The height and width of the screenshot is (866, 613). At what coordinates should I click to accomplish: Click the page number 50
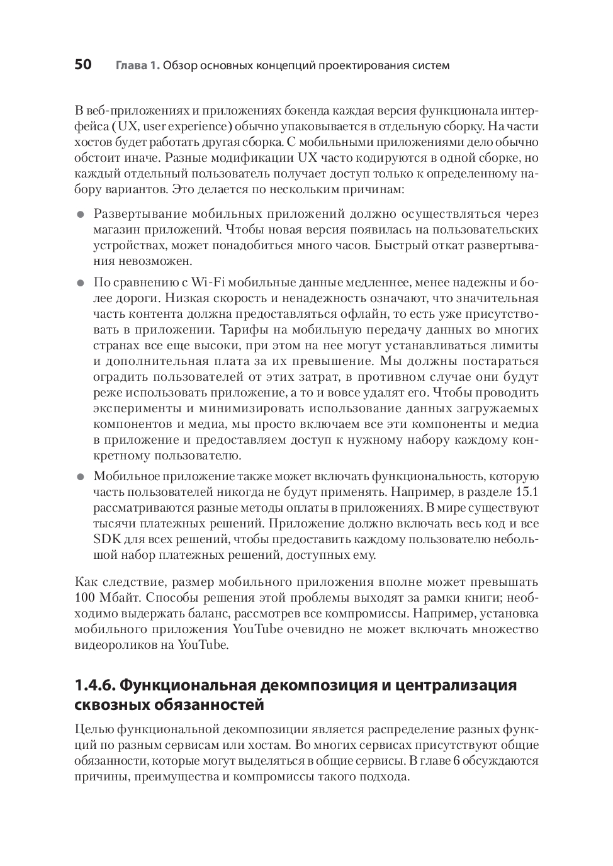(83, 65)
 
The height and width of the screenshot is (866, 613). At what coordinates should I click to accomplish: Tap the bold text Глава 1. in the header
(137, 65)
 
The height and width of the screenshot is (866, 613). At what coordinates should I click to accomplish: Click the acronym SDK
(106, 539)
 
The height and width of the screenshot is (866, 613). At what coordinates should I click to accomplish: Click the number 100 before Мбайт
(84, 597)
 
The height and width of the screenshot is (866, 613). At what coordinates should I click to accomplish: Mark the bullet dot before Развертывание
(80, 215)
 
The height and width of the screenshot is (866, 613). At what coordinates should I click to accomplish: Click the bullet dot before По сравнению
(80, 283)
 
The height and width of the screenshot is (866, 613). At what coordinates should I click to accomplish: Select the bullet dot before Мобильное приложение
(80, 477)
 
